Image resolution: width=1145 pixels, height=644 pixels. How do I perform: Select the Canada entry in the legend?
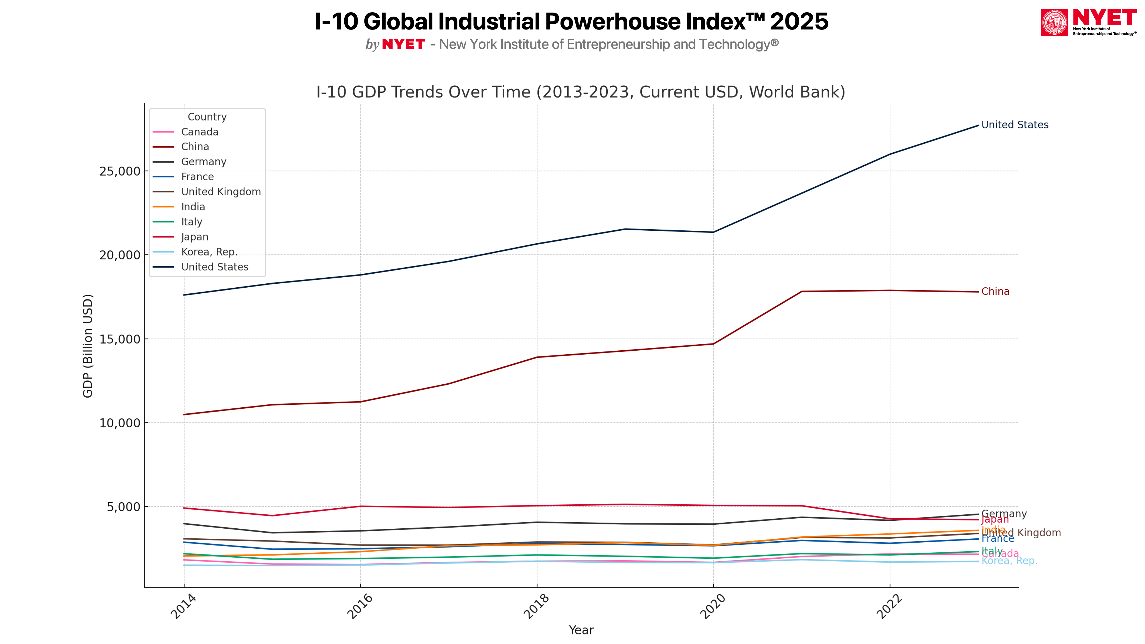pyautogui.click(x=200, y=132)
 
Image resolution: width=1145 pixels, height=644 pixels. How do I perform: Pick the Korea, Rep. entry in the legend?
pyautogui.click(x=209, y=252)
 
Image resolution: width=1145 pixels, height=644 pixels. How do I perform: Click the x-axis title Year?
pyautogui.click(x=581, y=630)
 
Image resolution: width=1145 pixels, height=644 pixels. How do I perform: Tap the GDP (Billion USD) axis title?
pyautogui.click(x=88, y=346)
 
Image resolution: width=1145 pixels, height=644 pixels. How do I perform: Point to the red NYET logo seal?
pyautogui.click(x=1054, y=22)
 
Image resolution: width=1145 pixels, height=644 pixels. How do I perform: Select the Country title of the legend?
pyautogui.click(x=207, y=117)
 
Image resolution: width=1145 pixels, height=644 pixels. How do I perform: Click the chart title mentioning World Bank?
pyautogui.click(x=581, y=92)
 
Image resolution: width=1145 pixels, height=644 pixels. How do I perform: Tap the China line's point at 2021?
pyautogui.click(x=801, y=292)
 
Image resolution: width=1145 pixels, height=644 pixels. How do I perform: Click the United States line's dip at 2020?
pyautogui.click(x=713, y=232)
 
